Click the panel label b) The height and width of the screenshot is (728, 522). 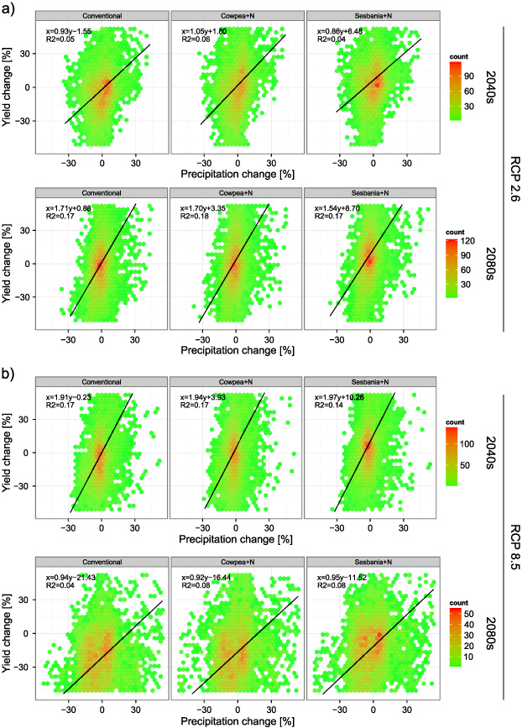[10, 369]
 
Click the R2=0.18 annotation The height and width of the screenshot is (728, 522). [192, 217]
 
